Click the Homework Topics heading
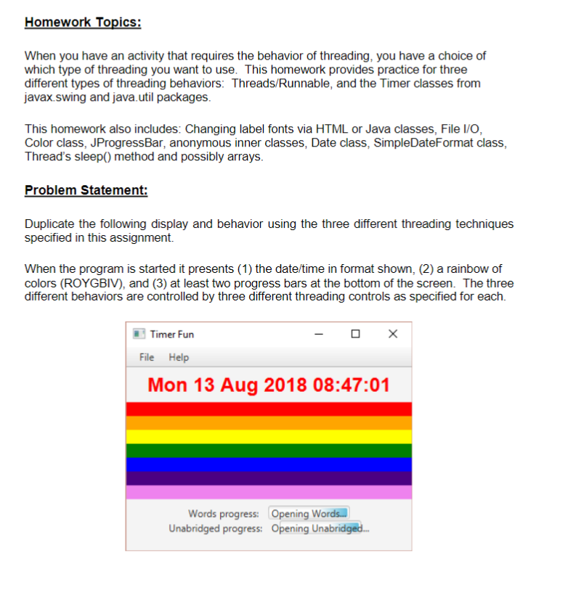tap(83, 22)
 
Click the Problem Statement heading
tap(86, 190)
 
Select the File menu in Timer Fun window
tap(147, 357)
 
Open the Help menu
tap(179, 357)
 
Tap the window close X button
tap(392, 334)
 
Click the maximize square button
tap(355, 334)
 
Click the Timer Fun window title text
tap(171, 335)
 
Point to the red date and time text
tap(269, 385)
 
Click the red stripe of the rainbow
tap(269, 409)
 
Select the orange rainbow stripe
tap(269, 422)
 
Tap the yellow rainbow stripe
tap(269, 436)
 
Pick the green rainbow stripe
tap(269, 450)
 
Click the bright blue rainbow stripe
tap(269, 464)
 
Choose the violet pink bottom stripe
tap(269, 492)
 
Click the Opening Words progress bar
tap(309, 514)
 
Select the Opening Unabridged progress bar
tap(319, 528)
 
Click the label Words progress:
tap(225, 514)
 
